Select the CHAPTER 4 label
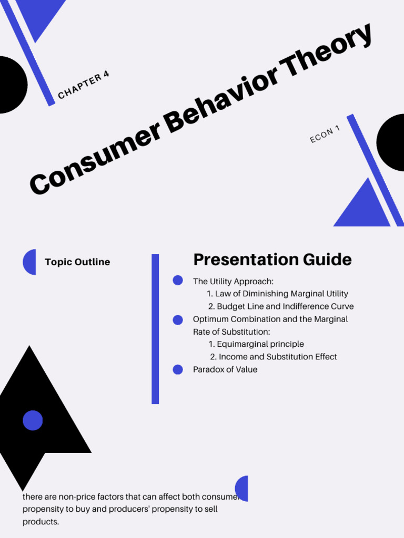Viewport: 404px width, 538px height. click(84, 85)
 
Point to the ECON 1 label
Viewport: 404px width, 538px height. click(325, 134)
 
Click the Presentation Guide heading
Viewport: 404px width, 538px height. click(272, 260)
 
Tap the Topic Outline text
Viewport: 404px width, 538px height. click(77, 262)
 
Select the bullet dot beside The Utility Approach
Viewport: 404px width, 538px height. click(178, 281)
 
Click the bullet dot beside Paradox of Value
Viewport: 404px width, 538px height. click(178, 369)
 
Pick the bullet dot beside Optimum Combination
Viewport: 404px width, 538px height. click(178, 319)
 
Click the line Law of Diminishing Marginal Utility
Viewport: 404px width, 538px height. click(277, 294)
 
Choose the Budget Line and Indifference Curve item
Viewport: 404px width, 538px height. click(280, 306)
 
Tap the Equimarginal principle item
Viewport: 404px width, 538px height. click(256, 344)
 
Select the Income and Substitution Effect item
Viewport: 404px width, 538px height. click(274, 357)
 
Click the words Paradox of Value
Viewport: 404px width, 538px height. click(225, 369)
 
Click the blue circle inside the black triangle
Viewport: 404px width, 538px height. click(33, 420)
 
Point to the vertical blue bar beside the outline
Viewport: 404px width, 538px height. click(155, 329)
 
